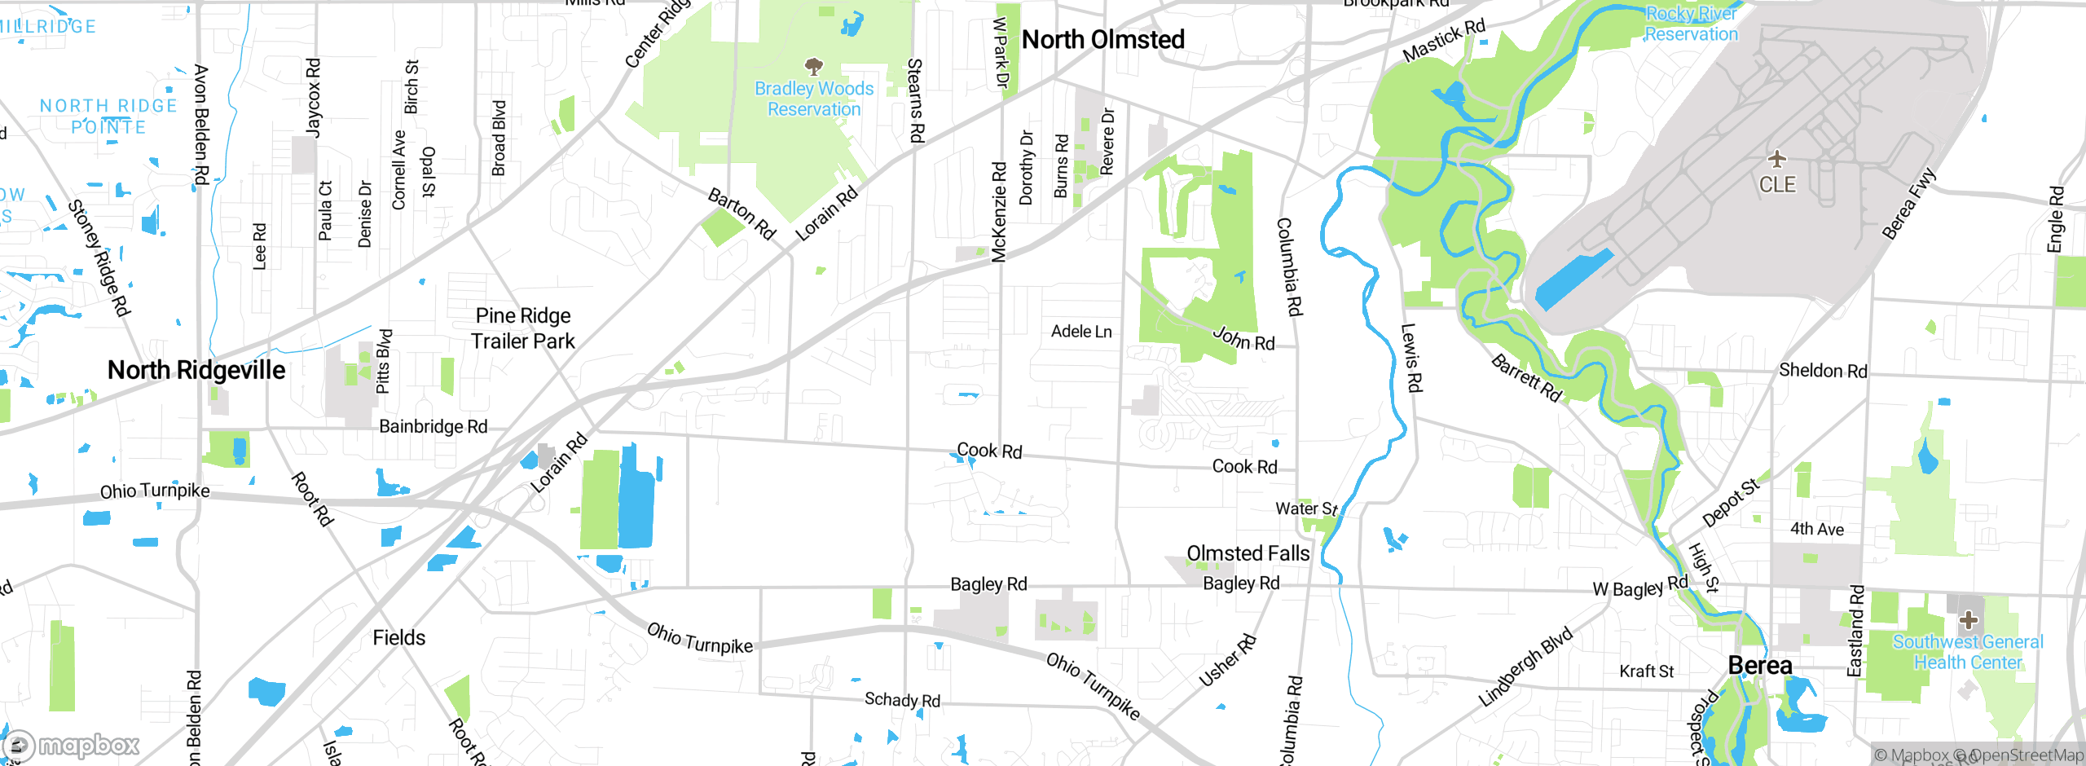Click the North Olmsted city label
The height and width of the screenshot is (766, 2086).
pos(1102,39)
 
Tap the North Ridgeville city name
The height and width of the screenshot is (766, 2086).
pos(196,370)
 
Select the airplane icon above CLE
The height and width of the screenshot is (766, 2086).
pos(1776,158)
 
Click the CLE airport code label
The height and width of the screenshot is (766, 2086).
pos(1777,185)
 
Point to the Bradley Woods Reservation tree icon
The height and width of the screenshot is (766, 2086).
pos(813,65)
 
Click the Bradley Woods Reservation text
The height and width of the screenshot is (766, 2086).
pos(813,99)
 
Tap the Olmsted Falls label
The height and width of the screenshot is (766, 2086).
pos(1248,553)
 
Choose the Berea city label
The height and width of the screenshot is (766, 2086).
pos(1760,665)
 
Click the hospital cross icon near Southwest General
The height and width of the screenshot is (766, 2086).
pos(1968,620)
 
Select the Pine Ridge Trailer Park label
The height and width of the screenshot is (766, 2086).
pos(523,328)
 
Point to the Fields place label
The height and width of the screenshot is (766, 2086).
pos(398,637)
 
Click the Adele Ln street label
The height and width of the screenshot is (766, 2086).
pos(1081,332)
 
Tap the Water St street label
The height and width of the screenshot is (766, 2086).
pos(1306,508)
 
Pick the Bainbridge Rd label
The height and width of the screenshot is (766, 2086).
pos(433,426)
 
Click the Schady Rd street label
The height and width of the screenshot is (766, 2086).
pos(902,700)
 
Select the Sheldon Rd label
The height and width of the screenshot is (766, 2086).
pos(1823,371)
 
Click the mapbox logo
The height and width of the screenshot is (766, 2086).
pos(72,745)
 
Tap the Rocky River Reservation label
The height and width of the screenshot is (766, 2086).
pos(1691,24)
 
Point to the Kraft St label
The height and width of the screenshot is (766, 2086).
pos(1646,671)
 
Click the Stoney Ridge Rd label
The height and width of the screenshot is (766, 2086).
pos(99,258)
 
